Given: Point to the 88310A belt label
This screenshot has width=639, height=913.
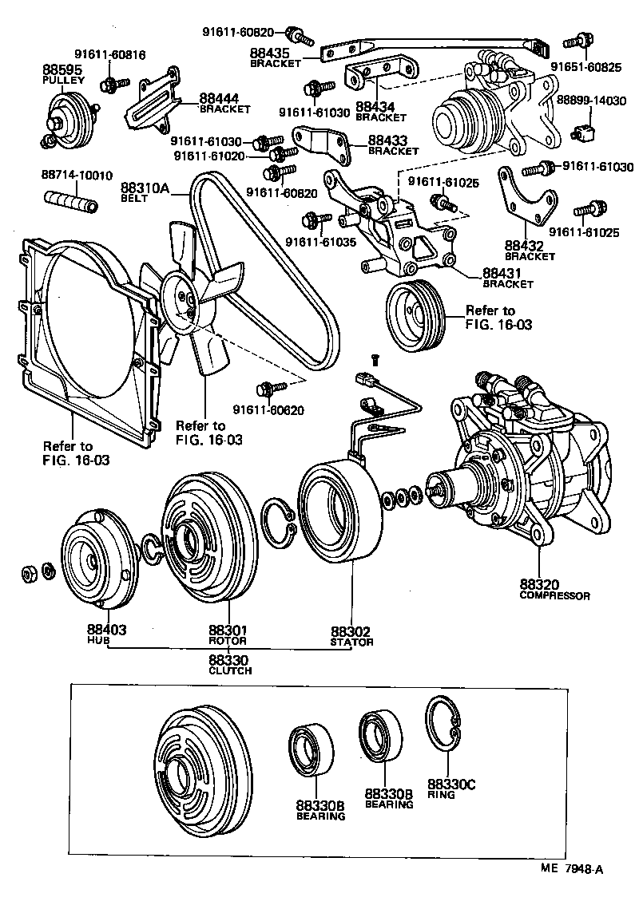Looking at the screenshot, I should click(x=146, y=189).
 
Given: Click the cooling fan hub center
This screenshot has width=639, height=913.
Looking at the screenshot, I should click(x=185, y=302).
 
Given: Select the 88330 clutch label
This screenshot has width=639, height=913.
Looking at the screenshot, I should click(x=229, y=660).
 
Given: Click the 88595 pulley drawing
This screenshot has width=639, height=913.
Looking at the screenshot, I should click(x=69, y=117).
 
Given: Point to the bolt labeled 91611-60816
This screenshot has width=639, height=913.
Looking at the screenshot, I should click(x=114, y=83).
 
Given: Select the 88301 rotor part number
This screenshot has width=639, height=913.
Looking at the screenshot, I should click(x=228, y=630).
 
